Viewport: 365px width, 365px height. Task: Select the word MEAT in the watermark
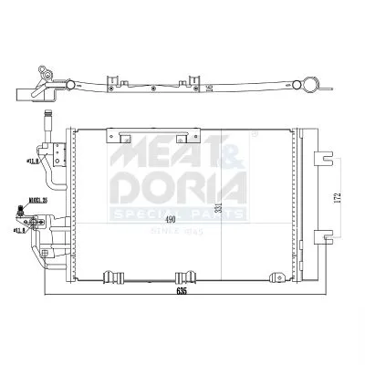pyautogui.click(x=155, y=151)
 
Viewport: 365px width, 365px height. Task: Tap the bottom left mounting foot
pyautogui.click(x=116, y=276)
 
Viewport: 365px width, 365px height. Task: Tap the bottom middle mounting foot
pyautogui.click(x=186, y=276)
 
